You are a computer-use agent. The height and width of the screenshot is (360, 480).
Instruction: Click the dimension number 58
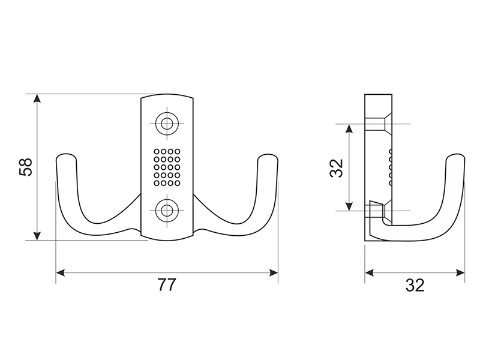26,167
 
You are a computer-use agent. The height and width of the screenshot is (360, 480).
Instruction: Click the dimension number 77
167,284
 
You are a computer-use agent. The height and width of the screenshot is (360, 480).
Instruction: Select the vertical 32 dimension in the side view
337,168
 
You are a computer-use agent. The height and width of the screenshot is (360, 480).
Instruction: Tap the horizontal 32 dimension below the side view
415,285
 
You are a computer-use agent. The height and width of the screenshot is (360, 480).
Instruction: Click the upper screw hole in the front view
167,124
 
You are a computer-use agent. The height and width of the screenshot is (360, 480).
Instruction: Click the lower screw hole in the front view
167,211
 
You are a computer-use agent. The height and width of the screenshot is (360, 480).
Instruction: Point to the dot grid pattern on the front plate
167,167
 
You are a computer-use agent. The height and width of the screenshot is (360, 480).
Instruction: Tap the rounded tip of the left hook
66,158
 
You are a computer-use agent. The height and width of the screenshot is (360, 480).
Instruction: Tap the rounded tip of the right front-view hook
268,158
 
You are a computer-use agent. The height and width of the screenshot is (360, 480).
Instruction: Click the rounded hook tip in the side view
455,158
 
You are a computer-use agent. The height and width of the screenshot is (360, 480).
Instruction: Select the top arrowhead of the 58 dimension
37,98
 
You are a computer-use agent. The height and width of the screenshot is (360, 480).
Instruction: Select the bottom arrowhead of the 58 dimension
37,236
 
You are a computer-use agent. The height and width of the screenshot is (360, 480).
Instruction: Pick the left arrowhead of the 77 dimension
61,272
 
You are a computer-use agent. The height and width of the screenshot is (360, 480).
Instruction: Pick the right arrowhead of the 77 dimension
274,272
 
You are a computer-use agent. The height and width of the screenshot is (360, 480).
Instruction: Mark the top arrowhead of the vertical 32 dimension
349,128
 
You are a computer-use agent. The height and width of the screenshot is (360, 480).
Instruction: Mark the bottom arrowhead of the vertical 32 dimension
349,206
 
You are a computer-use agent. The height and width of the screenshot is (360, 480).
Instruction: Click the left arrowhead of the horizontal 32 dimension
370,272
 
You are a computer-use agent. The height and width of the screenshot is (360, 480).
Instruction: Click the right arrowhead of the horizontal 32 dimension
460,272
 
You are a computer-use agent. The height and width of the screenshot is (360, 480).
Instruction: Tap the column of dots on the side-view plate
391,167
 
